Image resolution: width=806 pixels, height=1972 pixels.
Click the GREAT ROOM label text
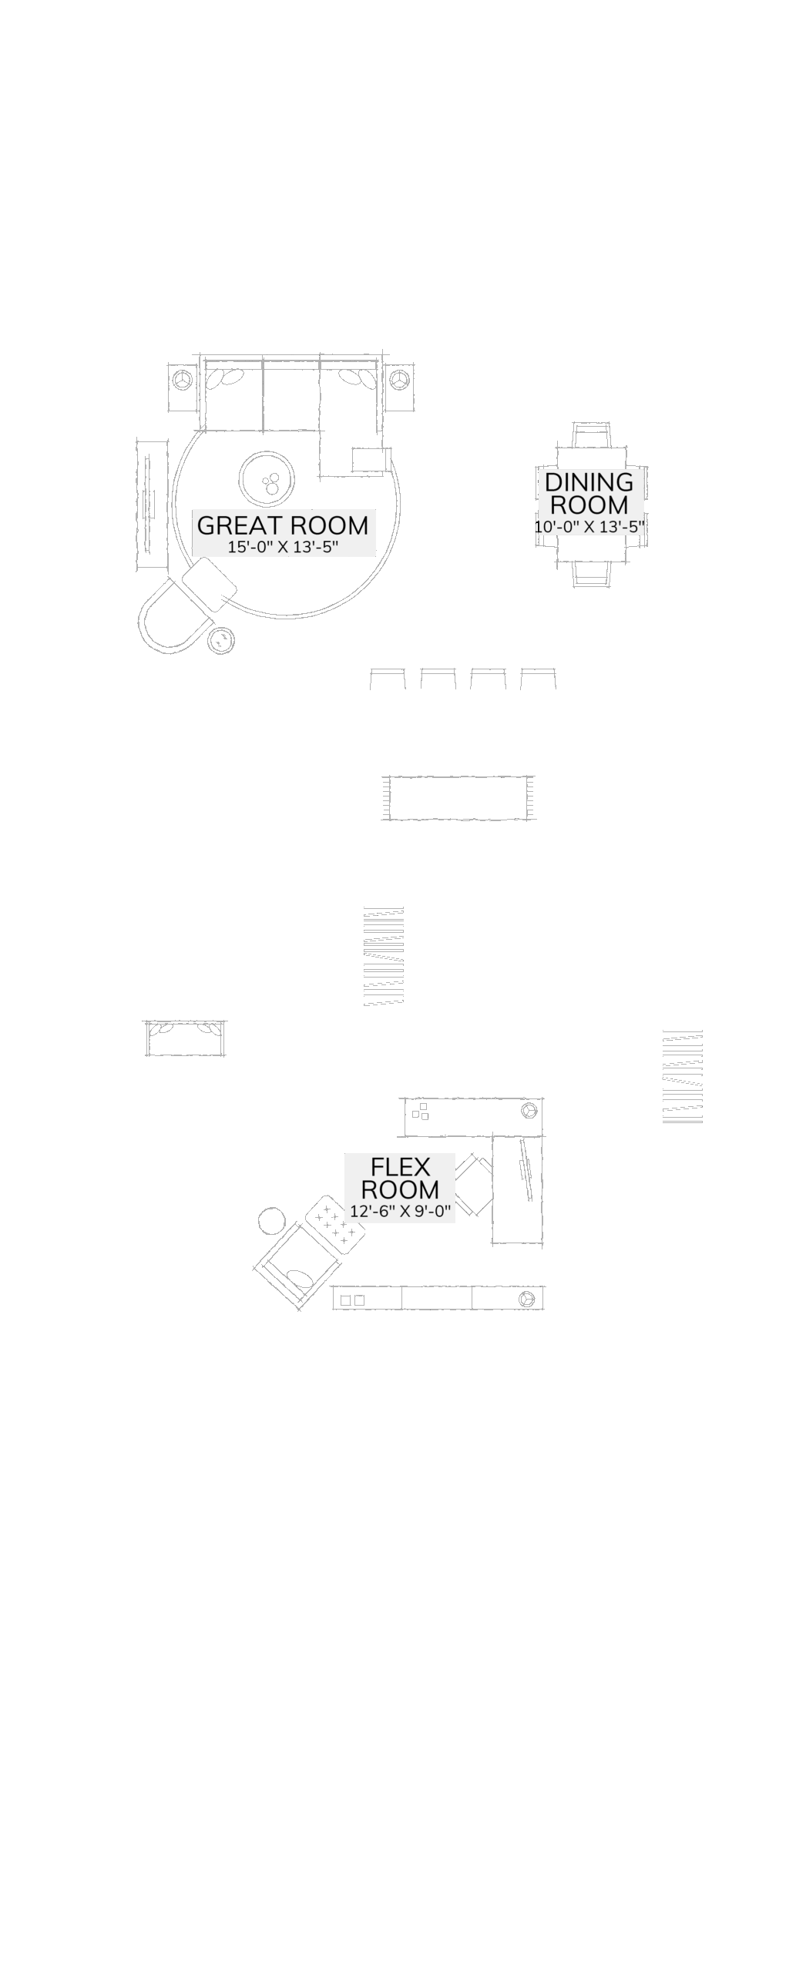coord(283,525)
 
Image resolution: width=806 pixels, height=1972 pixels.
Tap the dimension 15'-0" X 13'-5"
coord(283,548)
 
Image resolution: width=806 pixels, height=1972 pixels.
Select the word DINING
coord(589,483)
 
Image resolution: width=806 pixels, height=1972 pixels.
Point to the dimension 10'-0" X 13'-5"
coord(589,527)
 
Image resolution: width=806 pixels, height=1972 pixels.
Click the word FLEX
coord(400,1167)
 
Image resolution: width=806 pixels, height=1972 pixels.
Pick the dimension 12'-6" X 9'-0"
coord(400,1211)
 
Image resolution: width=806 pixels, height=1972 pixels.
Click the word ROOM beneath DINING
coord(589,505)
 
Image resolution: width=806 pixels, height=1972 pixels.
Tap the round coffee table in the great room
coord(267,479)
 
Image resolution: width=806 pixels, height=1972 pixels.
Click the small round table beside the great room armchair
coord(222,640)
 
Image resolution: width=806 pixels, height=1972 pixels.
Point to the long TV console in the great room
coord(152,505)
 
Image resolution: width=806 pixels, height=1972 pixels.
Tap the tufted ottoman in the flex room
coord(334,1220)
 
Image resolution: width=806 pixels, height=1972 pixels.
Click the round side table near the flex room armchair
coord(271,1221)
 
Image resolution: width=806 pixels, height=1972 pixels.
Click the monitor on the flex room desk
coord(526,1169)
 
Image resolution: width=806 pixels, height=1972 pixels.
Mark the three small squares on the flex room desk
coord(420,1112)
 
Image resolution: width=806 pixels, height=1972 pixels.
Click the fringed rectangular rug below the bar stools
coord(458,798)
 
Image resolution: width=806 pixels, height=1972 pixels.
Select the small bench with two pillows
coord(185,1038)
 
